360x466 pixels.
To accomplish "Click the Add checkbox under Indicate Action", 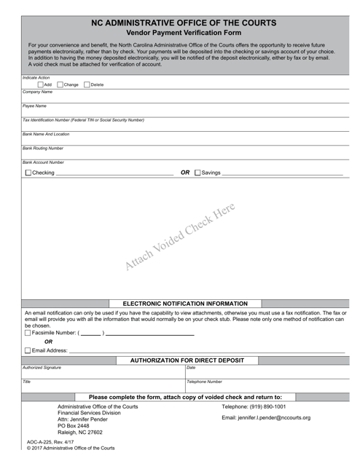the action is tap(40, 84).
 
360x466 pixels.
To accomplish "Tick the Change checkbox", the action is tap(60, 84).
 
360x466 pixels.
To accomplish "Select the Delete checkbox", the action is tap(87, 84).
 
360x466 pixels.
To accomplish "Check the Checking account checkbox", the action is tap(28, 173).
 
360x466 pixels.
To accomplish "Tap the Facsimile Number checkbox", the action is tap(28, 333).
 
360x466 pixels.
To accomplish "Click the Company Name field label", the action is tap(38, 92).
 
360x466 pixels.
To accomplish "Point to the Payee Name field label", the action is tap(34, 106).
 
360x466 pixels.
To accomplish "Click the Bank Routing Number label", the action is tap(43, 148).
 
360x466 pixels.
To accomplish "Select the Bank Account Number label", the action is tap(44, 162).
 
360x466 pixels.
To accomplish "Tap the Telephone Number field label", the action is tap(205, 382).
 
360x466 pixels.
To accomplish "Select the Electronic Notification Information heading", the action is tap(185, 304).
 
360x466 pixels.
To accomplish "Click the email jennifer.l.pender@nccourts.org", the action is tap(266, 418).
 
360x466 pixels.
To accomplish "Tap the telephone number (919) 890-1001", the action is tap(253, 406).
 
